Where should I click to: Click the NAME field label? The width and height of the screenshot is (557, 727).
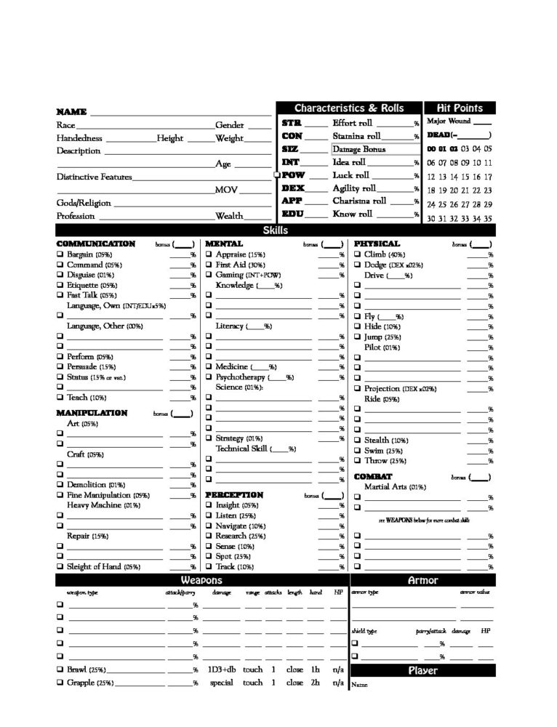pyautogui.click(x=71, y=112)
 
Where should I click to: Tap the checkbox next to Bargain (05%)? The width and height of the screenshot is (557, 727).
pyautogui.click(x=60, y=255)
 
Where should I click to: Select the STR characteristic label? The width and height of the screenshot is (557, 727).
pyautogui.click(x=292, y=123)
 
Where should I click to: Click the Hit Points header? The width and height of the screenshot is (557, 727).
pyautogui.click(x=460, y=108)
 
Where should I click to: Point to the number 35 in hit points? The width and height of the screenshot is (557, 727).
pyautogui.click(x=487, y=218)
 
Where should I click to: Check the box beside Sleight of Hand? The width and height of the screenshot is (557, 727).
pyautogui.click(x=60, y=566)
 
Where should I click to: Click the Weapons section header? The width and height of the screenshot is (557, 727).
pyautogui.click(x=202, y=581)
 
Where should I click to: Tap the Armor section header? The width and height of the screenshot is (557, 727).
pyautogui.click(x=422, y=581)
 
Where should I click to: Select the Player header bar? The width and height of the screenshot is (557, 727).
pyautogui.click(x=422, y=671)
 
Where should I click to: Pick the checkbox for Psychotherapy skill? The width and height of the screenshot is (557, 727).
pyautogui.click(x=208, y=377)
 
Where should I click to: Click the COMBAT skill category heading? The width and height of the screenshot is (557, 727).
pyautogui.click(x=373, y=477)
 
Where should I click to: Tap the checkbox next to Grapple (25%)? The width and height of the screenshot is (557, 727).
pyautogui.click(x=60, y=683)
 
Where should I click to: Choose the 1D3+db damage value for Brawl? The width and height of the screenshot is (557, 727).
pyautogui.click(x=222, y=669)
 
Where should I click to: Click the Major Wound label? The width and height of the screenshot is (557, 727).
pyautogui.click(x=449, y=121)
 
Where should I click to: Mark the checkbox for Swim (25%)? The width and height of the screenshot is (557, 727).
pyautogui.click(x=357, y=451)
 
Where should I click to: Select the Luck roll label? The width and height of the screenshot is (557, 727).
pyautogui.click(x=351, y=175)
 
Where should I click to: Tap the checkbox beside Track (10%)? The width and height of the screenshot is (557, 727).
pyautogui.click(x=208, y=566)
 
